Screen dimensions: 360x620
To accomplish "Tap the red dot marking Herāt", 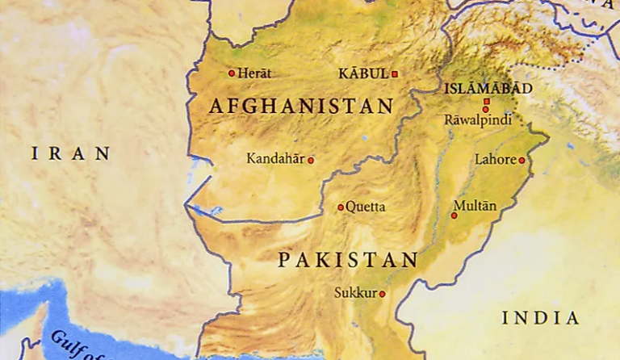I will [x=232, y=73].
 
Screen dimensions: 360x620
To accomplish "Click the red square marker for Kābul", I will [x=395, y=74].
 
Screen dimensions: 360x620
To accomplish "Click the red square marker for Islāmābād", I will [x=486, y=102].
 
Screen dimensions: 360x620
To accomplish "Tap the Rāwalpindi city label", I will [x=478, y=119].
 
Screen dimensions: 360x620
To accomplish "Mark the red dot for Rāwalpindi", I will [x=485, y=110].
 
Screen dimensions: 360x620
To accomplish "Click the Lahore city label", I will [x=495, y=159].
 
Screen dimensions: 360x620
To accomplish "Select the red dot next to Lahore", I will [x=522, y=160].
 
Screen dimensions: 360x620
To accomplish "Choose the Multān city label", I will [x=475, y=206].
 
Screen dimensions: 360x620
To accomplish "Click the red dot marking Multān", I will [x=454, y=216].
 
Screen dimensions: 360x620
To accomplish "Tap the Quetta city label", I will [x=365, y=207].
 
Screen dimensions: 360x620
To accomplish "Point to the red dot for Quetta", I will [x=341, y=207].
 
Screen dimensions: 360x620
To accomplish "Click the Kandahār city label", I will [x=275, y=159].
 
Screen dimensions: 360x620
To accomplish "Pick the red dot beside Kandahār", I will [x=311, y=160].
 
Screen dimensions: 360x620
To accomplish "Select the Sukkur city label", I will [x=355, y=293].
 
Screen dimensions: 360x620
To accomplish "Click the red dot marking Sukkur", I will [x=383, y=294].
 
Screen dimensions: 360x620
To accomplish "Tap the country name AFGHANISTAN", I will [x=301, y=107].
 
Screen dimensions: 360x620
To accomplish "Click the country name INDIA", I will [x=540, y=317].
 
